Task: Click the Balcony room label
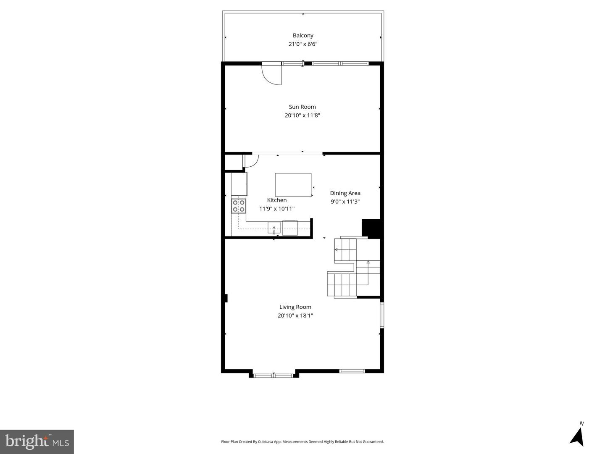[x=303, y=36]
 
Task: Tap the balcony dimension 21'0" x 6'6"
[x=303, y=44]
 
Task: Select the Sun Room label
[x=302, y=107]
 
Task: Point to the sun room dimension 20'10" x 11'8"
[x=302, y=115]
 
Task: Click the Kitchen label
[x=277, y=200]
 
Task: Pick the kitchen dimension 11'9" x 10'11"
[x=277, y=209]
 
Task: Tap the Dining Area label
[x=345, y=193]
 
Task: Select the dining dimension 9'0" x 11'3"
[x=345, y=202]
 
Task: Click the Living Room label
[x=295, y=307]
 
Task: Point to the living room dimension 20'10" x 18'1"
[x=295, y=315]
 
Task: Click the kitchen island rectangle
[x=293, y=184]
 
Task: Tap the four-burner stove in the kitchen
[x=239, y=206]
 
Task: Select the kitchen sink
[x=274, y=228]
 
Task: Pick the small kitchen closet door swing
[x=251, y=161]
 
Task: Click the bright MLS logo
[x=37, y=441]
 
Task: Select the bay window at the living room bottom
[x=274, y=375]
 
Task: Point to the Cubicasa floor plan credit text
[x=302, y=442]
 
